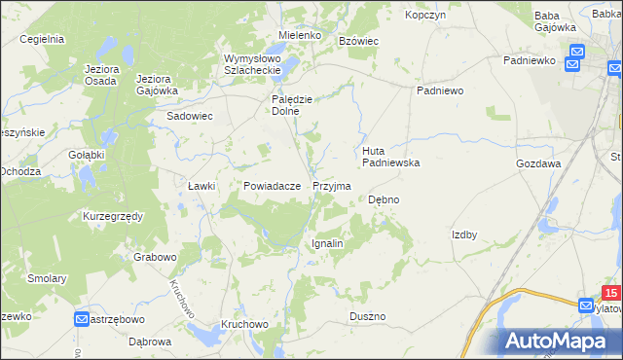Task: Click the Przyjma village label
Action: [x=331, y=185]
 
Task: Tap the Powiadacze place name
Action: [x=265, y=185]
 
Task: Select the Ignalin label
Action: [x=326, y=243]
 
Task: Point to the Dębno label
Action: [x=384, y=199]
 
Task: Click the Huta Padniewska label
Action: [x=390, y=157]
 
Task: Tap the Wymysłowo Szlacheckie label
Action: [x=251, y=63]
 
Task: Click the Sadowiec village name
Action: [x=190, y=116]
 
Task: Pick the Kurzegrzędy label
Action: [x=113, y=215]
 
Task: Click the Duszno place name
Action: [x=368, y=317]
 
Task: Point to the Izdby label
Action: [x=464, y=234]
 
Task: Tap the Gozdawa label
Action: [x=538, y=164]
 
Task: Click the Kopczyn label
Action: [x=424, y=16]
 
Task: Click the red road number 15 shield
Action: [x=610, y=292]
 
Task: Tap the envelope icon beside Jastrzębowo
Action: [x=82, y=318]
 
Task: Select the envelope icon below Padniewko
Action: [x=575, y=54]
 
